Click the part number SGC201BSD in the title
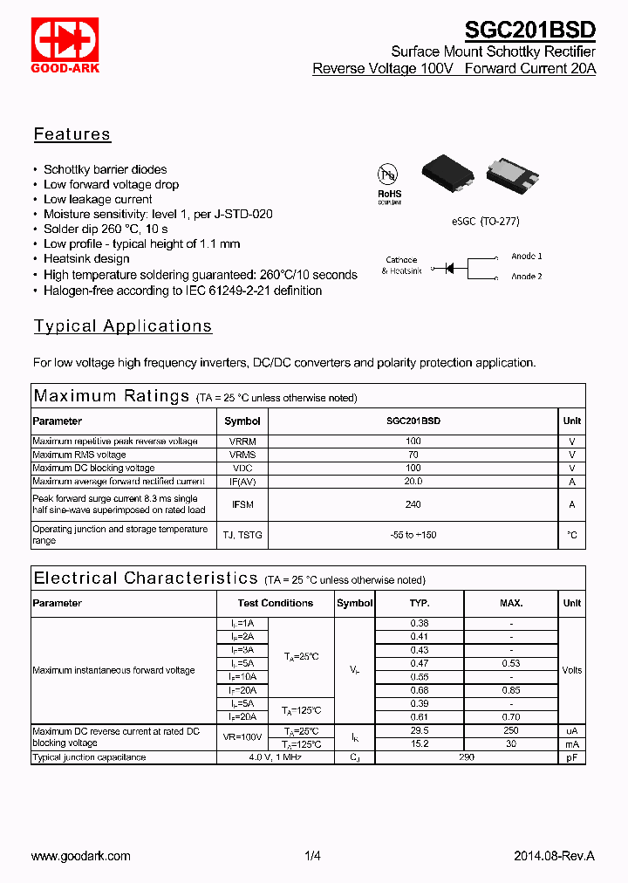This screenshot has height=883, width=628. point(529,31)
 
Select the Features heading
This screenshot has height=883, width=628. point(72,134)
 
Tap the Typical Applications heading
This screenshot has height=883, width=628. point(123,326)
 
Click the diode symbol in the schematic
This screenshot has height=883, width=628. point(450,268)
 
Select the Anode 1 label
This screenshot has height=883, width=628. point(526,257)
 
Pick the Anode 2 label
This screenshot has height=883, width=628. point(526,277)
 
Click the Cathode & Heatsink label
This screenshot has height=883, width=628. point(401,265)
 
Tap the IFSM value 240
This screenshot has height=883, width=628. point(413,504)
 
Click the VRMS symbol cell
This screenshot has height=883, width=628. point(242,455)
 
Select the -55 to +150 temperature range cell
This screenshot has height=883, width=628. point(413,535)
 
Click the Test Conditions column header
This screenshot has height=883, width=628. point(276,603)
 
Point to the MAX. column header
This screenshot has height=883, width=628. point(511,603)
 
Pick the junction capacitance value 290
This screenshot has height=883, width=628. point(467,757)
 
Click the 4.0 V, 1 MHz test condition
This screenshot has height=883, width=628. point(276,757)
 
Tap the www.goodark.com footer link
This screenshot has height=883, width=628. point(81,856)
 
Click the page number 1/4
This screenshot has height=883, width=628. point(313,856)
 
